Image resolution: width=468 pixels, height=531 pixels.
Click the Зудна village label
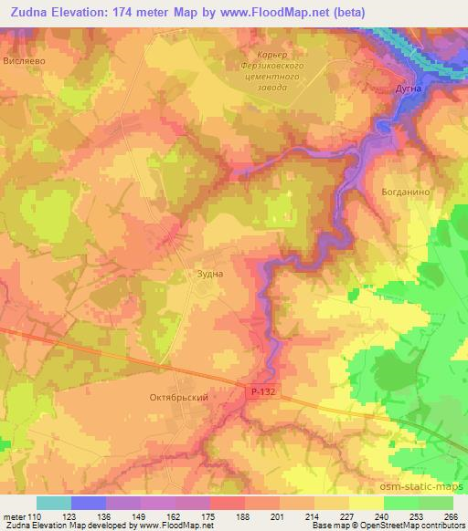[209, 272]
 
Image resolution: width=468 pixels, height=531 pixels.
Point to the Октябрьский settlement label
[174, 398]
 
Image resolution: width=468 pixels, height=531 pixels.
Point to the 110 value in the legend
[34, 517]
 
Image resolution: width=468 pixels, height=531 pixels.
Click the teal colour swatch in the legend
[53, 503]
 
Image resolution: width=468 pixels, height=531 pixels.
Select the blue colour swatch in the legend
[88, 503]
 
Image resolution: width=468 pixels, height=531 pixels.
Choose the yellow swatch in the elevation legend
[366, 503]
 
